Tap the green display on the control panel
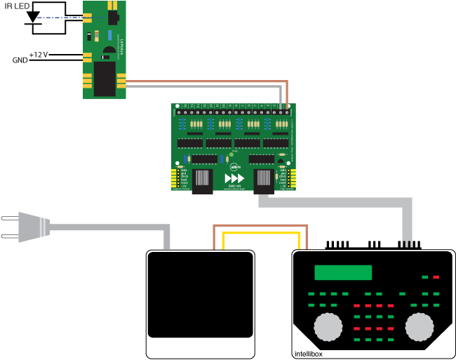click(343, 272)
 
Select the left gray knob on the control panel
click(328, 327)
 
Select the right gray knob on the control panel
click(420, 327)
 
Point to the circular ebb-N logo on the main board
click(234, 167)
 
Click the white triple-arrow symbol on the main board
click(234, 178)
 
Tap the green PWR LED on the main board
click(231, 154)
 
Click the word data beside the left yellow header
click(184, 169)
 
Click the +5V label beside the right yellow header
click(283, 185)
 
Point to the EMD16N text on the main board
click(234, 186)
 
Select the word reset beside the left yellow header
click(184, 182)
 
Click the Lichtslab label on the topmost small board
click(121, 46)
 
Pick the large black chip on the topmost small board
click(105, 78)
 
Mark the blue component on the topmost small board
click(109, 35)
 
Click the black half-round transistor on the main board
click(281, 161)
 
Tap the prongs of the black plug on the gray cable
click(407, 244)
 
